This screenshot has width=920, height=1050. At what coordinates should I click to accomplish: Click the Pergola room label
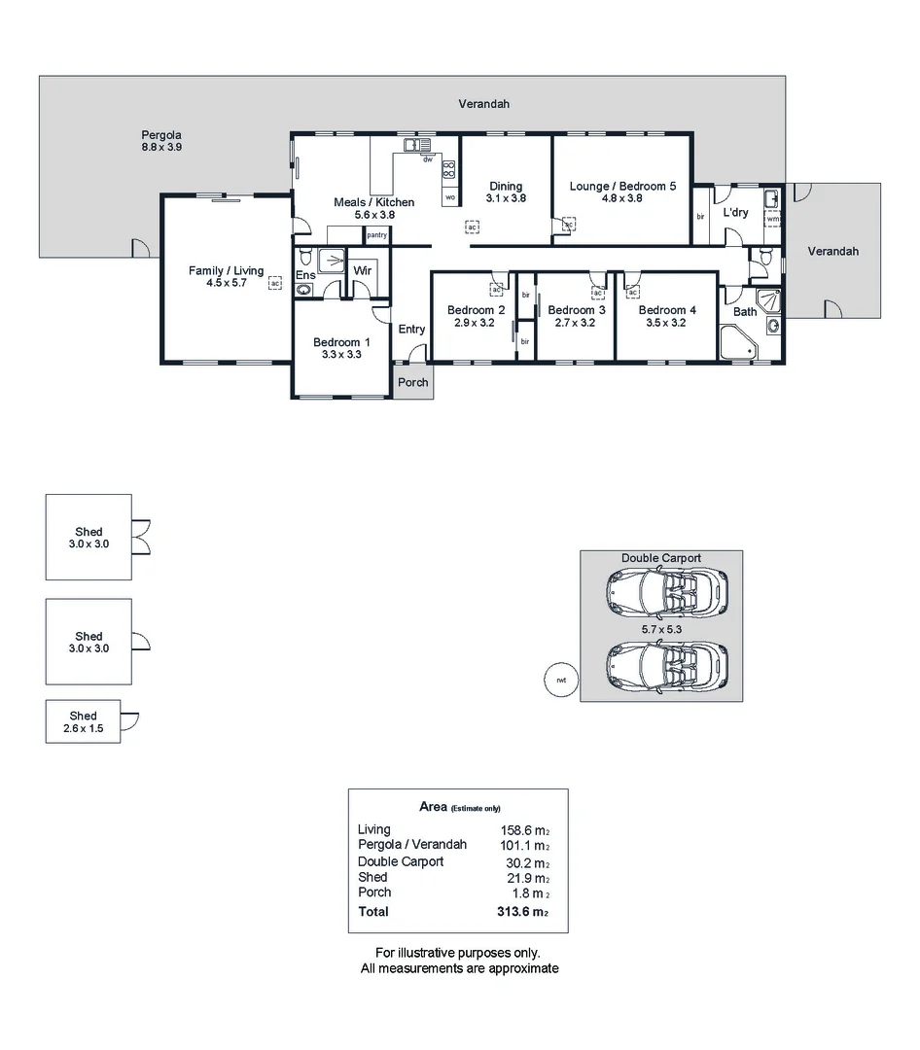(x=161, y=135)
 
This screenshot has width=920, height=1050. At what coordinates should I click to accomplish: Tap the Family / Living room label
(x=226, y=270)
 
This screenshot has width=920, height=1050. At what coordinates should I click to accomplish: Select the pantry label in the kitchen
(x=376, y=235)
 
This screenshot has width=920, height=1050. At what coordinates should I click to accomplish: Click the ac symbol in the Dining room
(x=472, y=227)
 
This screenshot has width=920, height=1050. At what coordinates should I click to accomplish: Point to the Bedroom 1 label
(x=341, y=342)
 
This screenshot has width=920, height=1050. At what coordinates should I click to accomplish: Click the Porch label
(x=413, y=382)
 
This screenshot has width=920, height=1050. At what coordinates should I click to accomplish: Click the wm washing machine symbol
(x=773, y=219)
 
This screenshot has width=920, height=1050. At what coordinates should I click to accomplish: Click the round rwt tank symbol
(x=561, y=680)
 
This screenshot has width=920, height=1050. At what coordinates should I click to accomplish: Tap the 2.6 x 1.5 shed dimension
(x=83, y=728)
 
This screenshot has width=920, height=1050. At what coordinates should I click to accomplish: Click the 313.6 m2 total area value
(x=523, y=912)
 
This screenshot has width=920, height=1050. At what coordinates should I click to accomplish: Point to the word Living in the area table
(x=374, y=829)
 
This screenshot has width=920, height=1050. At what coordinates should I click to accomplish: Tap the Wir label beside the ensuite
(x=363, y=270)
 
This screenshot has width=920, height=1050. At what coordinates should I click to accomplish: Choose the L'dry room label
(x=735, y=212)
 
